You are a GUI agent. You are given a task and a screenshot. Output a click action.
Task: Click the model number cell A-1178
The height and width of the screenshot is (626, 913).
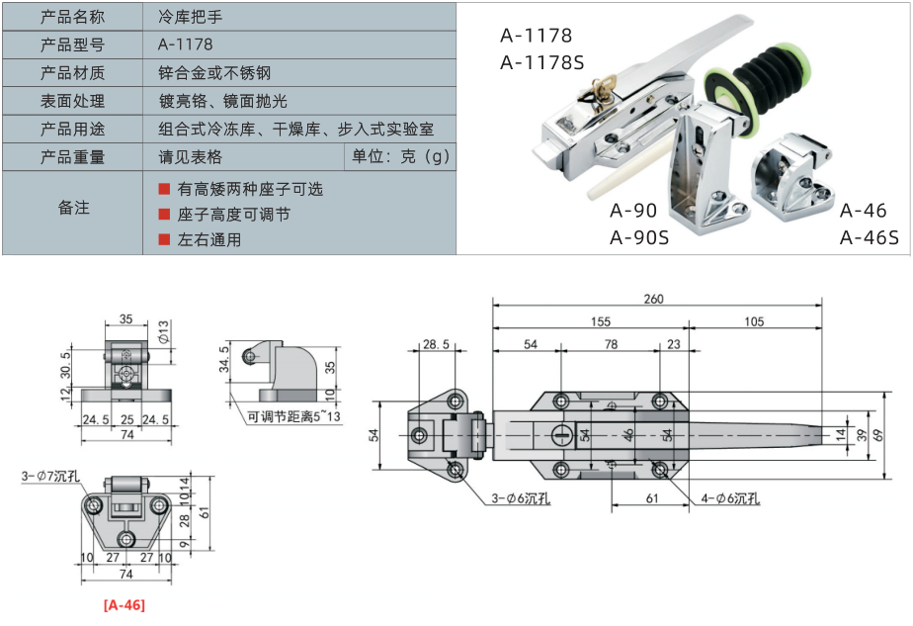coord(185,45)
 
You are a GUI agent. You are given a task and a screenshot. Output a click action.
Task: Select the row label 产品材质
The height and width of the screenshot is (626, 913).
coord(72,72)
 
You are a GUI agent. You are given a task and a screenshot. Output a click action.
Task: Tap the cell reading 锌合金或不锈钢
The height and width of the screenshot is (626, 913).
coord(214,72)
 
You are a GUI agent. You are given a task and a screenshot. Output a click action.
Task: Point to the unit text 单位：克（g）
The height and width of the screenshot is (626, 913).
coord(400,157)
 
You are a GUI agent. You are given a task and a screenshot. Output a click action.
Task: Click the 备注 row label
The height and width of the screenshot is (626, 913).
coord(72,208)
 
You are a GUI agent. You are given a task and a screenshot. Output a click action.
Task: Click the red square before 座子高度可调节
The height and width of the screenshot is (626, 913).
coord(164,214)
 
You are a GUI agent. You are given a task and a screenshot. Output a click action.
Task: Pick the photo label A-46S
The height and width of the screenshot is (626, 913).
coord(870,236)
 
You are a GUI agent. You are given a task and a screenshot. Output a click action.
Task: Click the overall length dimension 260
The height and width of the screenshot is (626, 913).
coord(653,299)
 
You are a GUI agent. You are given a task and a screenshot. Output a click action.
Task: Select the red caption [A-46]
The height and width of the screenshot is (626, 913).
coord(124,604)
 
